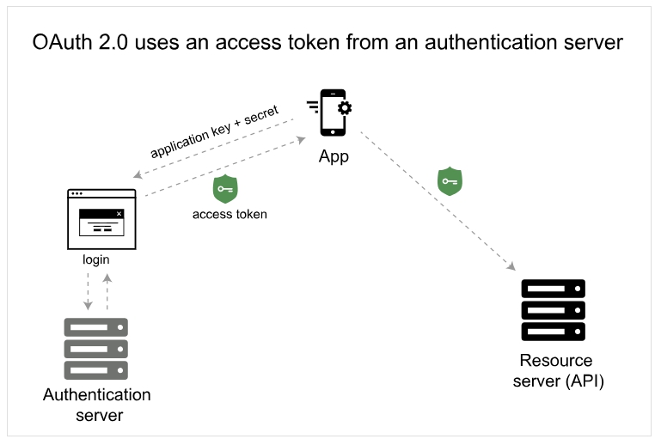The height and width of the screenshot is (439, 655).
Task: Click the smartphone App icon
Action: pyautogui.click(x=332, y=113)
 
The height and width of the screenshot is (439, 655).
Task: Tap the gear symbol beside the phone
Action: pyautogui.click(x=345, y=107)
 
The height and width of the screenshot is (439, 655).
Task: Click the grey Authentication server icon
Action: pyautogui.click(x=96, y=348)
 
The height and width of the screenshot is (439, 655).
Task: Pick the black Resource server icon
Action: pyautogui.click(x=553, y=310)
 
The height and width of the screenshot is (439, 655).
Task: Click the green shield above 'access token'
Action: pyautogui.click(x=225, y=189)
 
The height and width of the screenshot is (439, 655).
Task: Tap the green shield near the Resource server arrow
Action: pyautogui.click(x=450, y=181)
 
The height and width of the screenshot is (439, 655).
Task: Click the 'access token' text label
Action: pyautogui.click(x=230, y=214)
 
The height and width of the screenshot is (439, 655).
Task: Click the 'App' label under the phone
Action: pyautogui.click(x=334, y=157)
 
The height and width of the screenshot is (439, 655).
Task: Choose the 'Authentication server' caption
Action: pyautogui.click(x=96, y=405)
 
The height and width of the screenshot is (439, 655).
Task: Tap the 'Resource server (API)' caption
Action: pyautogui.click(x=558, y=370)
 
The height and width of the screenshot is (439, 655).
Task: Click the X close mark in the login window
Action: pyautogui.click(x=119, y=213)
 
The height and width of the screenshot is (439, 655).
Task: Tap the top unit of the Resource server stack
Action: pyautogui.click(x=553, y=288)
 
